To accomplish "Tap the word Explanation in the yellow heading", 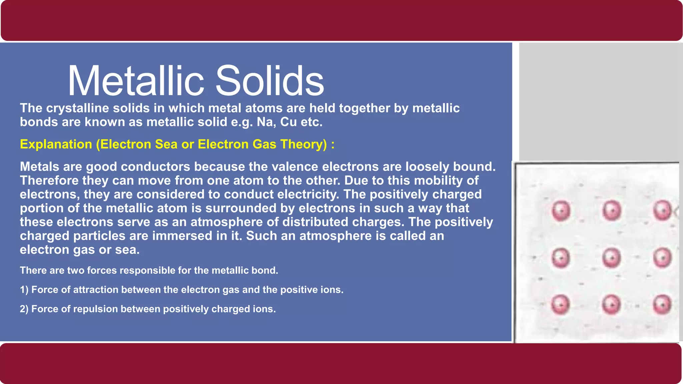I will point(56,144).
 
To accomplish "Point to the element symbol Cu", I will point(288,122).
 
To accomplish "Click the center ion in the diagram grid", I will point(612,258).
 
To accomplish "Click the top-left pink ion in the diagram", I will point(561,211).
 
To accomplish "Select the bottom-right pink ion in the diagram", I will point(662,305).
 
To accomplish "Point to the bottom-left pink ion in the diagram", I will point(561,305).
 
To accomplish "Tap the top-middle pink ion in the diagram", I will point(612,211).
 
